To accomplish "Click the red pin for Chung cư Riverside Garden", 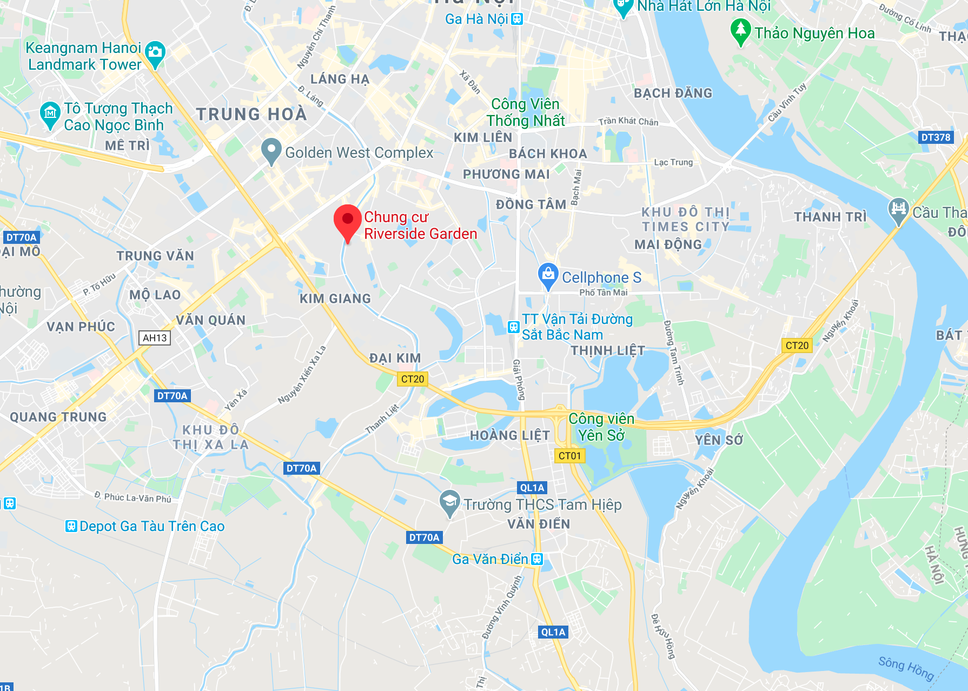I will (347, 221).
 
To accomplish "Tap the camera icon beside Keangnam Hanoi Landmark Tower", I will (155, 52).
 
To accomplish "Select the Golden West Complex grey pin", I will (271, 150).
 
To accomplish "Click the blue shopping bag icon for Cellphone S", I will (548, 275).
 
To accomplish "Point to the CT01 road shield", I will (569, 456).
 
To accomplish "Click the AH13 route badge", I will (155, 338).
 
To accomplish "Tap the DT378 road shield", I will (936, 137).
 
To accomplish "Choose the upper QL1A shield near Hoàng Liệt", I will (532, 488).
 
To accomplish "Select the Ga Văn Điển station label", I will (490, 559).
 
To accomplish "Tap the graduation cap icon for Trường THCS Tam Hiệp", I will (449, 502).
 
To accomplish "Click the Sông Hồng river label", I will (906, 668).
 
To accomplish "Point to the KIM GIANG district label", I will (335, 298).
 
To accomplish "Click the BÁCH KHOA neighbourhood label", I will (548, 154).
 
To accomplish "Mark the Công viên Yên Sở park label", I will (601, 427).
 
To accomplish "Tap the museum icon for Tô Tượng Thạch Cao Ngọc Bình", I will (50, 113).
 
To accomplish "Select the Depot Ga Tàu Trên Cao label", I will (151, 526).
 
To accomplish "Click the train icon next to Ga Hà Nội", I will (517, 19).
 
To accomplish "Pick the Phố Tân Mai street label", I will (604, 293).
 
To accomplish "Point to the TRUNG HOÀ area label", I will (251, 114).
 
